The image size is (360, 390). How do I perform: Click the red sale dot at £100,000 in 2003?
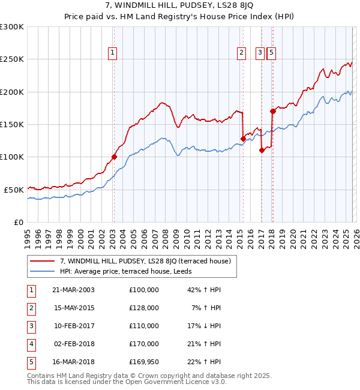tap(114, 157)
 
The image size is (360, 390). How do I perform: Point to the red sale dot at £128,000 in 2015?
tap(243, 139)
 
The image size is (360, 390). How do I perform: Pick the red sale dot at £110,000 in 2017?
tap(262, 151)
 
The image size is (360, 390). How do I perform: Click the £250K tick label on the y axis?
tap(12, 59)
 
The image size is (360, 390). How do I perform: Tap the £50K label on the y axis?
tap(14, 190)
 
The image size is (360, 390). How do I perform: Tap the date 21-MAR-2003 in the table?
tap(73, 290)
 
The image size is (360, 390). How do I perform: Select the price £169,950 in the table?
tap(144, 362)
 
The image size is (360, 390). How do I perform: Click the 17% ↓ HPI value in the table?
tap(205, 326)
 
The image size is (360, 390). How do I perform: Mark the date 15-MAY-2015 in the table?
tap(73, 308)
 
